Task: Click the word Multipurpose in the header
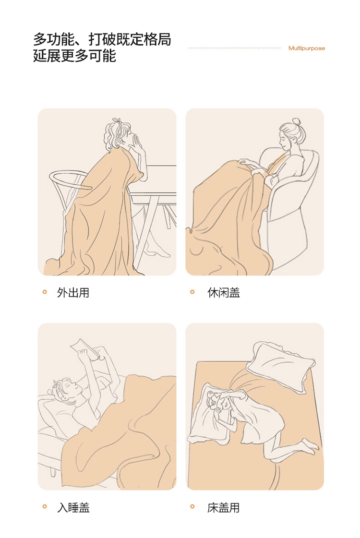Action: pos(306,48)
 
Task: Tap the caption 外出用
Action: pos(73,293)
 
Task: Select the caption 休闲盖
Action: pos(223,293)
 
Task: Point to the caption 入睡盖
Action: pos(73,507)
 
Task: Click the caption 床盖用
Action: pos(223,507)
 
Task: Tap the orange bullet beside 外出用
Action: pos(45,292)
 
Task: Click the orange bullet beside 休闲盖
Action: pos(192,292)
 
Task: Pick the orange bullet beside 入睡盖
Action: pos(45,506)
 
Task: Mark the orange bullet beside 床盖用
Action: pos(192,506)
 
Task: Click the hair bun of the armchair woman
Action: pos(297,122)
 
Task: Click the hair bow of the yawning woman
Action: pos(116,121)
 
